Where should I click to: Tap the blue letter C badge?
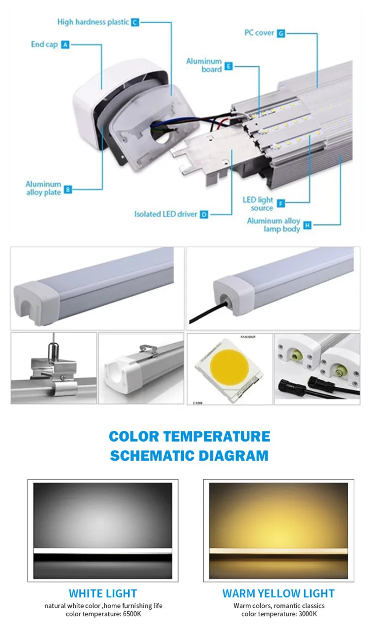(x=135, y=22)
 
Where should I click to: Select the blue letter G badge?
(x=281, y=34)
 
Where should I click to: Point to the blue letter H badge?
(x=308, y=226)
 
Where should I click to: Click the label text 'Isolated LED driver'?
(x=165, y=214)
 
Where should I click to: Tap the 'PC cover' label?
(x=259, y=33)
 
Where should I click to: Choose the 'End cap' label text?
(x=44, y=45)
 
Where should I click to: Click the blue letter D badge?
(x=204, y=214)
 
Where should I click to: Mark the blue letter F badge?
(x=281, y=204)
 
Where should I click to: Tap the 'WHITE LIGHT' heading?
(x=103, y=593)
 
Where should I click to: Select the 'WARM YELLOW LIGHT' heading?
(x=278, y=593)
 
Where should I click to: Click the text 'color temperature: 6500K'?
(x=103, y=614)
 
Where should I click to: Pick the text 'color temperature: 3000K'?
(x=279, y=614)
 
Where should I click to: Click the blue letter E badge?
(x=229, y=65)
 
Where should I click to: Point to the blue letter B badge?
(x=68, y=189)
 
